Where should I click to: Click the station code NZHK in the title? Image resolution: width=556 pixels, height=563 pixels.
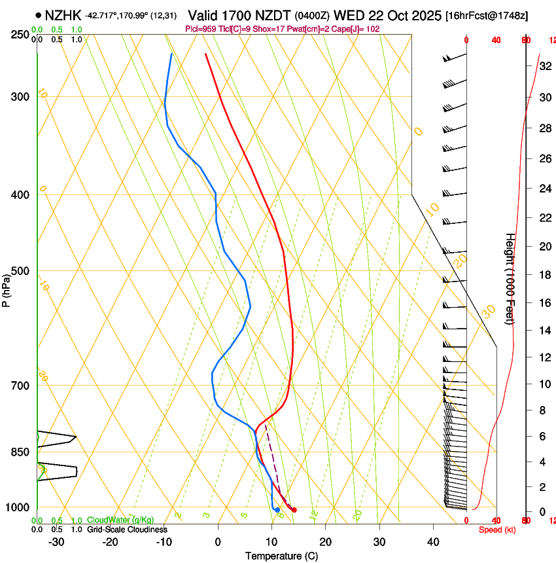click(x=63, y=15)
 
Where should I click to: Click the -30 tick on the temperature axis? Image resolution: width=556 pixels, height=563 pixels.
click(x=56, y=542)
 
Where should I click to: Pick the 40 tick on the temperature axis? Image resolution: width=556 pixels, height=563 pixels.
click(x=432, y=542)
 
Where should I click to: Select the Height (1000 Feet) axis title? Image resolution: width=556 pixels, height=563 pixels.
click(x=510, y=278)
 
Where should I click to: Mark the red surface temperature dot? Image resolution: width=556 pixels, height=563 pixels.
click(x=294, y=510)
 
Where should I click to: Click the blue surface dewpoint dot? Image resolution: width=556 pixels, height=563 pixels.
click(x=277, y=509)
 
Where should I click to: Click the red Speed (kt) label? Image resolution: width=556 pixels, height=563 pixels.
click(x=497, y=530)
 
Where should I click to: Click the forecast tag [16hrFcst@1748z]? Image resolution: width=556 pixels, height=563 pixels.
click(x=487, y=15)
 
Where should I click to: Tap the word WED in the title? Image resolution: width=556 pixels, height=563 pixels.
click(x=348, y=14)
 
